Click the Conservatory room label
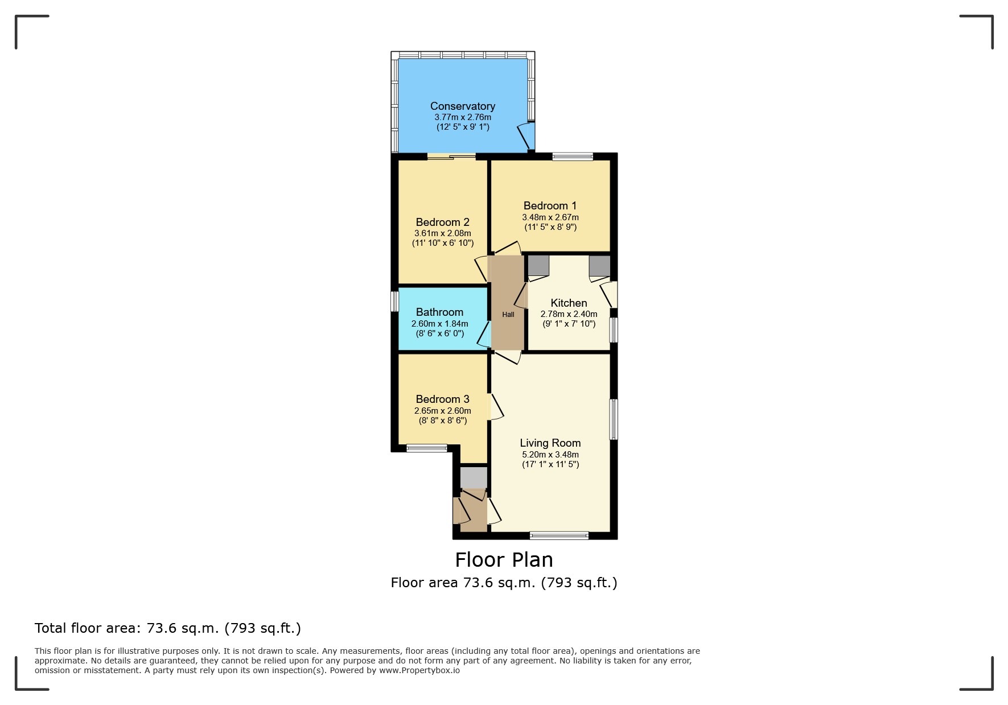[x=462, y=106]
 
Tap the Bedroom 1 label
[x=550, y=205]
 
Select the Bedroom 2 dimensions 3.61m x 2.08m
[x=442, y=233]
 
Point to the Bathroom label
[x=439, y=312]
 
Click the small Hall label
[x=508, y=314]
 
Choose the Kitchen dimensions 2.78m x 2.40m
[x=569, y=314]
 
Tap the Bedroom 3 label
[x=442, y=399]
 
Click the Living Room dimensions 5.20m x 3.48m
[x=550, y=455]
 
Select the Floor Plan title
[x=504, y=560]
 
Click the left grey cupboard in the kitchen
[x=538, y=265]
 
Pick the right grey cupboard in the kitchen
[x=599, y=265]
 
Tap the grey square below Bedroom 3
[x=474, y=478]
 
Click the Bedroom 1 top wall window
[x=573, y=156]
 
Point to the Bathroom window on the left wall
[x=394, y=302]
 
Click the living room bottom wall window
[x=559, y=535]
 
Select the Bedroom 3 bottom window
[x=427, y=448]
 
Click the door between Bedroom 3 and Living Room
[x=495, y=407]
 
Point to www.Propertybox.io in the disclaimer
[x=419, y=670]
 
